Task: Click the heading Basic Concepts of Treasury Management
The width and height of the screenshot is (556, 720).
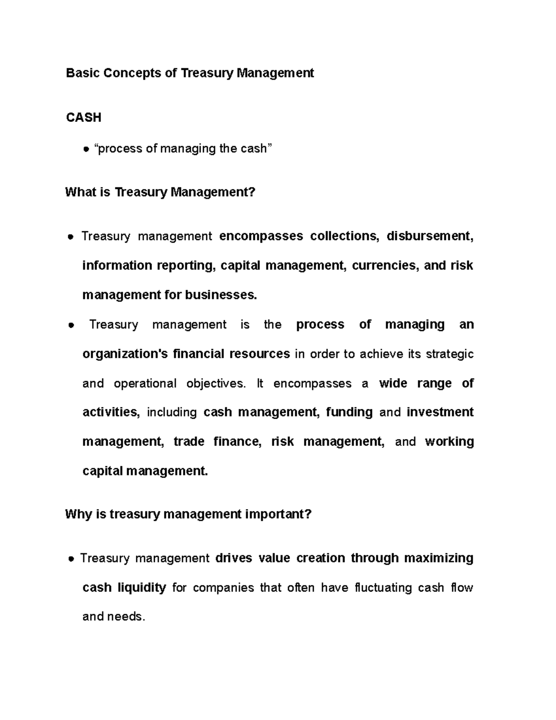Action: (x=190, y=73)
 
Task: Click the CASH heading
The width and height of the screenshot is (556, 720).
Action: (x=83, y=118)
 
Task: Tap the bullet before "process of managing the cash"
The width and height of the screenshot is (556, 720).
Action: (x=86, y=149)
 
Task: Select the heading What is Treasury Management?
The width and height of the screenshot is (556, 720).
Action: (x=160, y=192)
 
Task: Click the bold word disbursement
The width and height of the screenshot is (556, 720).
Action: (x=430, y=236)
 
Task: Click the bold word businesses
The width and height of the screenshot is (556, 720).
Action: (x=221, y=295)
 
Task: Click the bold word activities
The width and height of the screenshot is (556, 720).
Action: (x=111, y=413)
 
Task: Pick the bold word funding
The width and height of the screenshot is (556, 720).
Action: (x=349, y=413)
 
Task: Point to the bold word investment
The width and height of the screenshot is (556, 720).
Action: (x=440, y=413)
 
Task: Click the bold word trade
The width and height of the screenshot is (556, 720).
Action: (x=189, y=442)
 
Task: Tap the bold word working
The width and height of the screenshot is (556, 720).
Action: (x=449, y=442)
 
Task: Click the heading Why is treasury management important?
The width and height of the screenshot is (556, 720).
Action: (x=188, y=514)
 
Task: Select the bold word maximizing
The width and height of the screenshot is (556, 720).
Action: (x=439, y=558)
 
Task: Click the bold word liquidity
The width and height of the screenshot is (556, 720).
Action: (x=142, y=588)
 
